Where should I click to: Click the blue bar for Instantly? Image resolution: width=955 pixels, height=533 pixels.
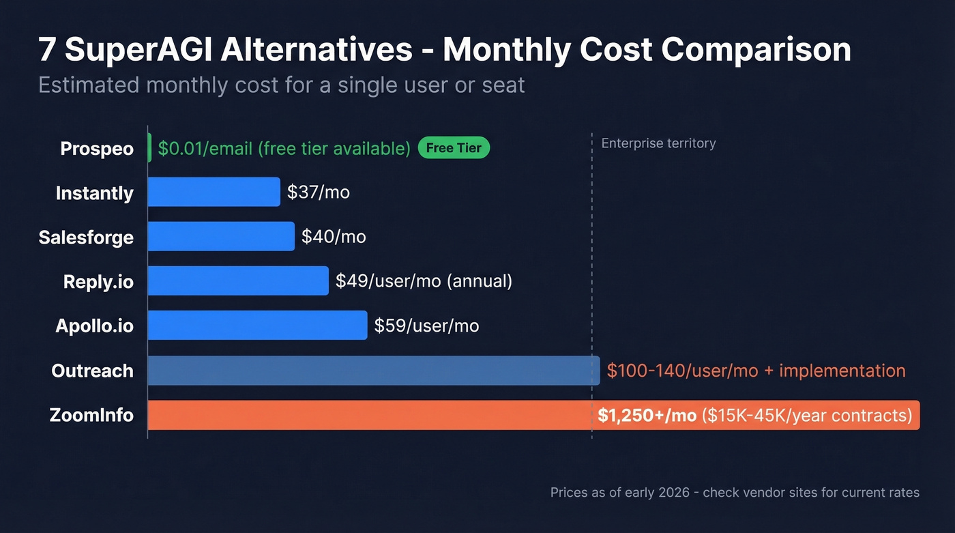214,192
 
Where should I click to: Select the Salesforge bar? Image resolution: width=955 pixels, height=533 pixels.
221,236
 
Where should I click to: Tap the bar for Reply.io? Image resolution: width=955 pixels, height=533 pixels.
238,280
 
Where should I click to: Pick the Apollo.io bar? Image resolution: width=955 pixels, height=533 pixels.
257,326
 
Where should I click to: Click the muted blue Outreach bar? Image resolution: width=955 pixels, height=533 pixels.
373,371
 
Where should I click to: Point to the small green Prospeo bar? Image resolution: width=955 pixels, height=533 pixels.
149,148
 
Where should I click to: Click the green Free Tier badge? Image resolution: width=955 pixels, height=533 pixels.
454,148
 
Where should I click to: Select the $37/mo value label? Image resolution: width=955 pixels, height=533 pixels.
318,192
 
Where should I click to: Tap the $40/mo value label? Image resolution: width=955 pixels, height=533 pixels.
334,237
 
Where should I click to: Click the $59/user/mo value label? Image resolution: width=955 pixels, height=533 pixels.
426,326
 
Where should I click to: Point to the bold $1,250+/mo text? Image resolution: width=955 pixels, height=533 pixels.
647,416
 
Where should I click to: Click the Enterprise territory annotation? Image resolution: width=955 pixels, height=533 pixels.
658,143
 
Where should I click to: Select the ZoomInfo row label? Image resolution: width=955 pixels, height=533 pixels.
91,415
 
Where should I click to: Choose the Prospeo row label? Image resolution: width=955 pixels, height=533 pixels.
97,149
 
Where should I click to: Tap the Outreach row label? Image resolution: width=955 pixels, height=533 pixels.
93,371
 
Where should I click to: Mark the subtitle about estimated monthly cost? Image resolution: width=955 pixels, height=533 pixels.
281,85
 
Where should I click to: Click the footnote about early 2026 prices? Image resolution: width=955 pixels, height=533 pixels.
735,492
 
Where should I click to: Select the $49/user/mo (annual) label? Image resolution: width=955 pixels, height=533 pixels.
424,281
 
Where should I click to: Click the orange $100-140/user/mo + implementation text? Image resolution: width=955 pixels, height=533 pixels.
756,371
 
